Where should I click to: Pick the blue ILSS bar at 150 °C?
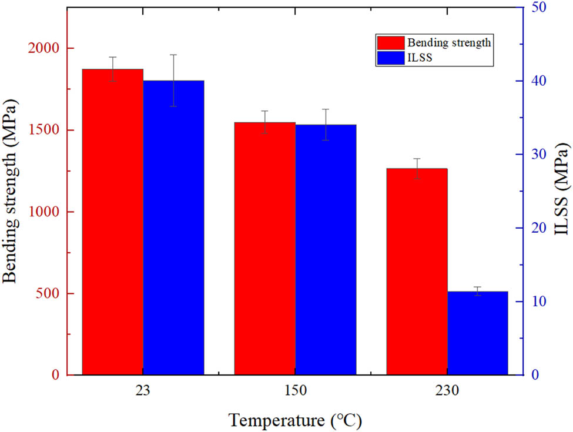pyautogui.click(x=326, y=249)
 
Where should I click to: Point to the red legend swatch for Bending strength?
pyautogui.click(x=390, y=42)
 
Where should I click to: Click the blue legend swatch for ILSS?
pyautogui.click(x=390, y=57)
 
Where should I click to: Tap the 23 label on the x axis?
pyautogui.click(x=143, y=390)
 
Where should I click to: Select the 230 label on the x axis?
pyautogui.click(x=447, y=390)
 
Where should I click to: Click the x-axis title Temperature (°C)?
pyautogui.click(x=295, y=420)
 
